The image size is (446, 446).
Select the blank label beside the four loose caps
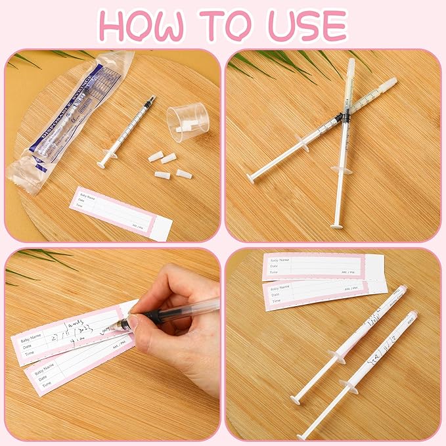coord(121,213)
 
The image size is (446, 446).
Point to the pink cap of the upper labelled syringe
coord(402,288)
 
